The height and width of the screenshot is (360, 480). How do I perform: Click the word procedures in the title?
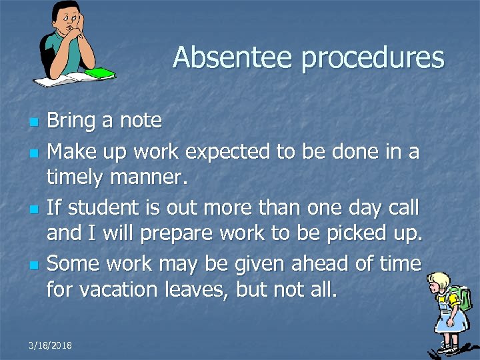373,59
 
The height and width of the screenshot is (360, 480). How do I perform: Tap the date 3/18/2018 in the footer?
51,345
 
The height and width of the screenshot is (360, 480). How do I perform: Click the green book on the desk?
100,72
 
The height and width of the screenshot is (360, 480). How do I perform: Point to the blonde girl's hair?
441,279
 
